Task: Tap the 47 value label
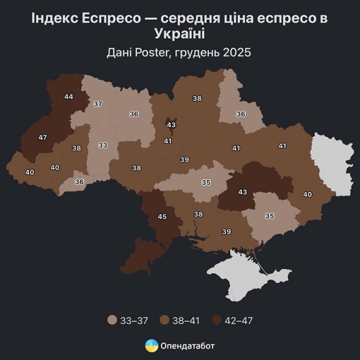[x=43, y=137]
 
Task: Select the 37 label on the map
[x=98, y=104]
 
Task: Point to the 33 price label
[x=103, y=145]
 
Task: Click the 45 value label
[x=162, y=217]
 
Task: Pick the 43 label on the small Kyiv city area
[x=171, y=124]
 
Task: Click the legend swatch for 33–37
[x=112, y=320]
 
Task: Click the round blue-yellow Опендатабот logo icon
[x=152, y=346]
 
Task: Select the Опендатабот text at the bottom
[x=188, y=346]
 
